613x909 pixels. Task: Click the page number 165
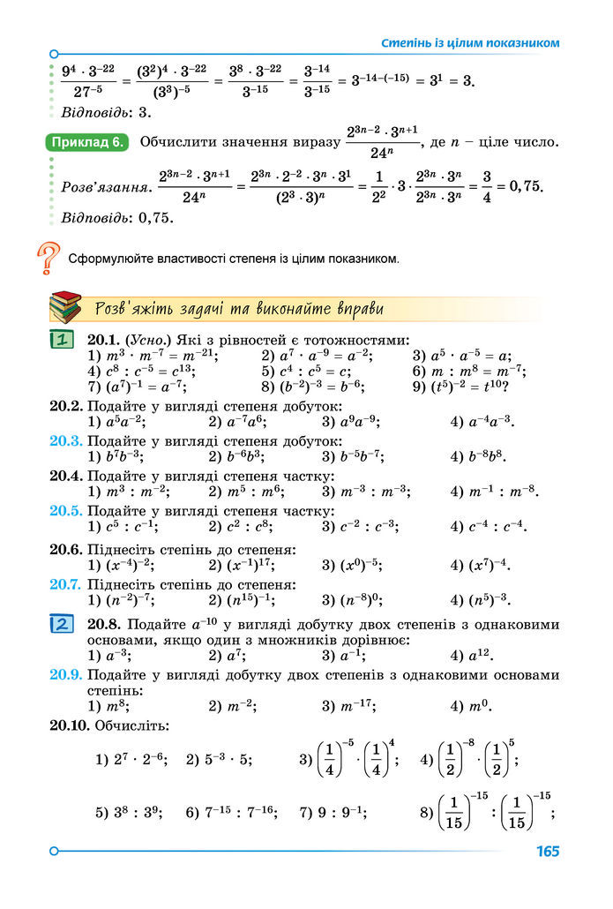[547, 852]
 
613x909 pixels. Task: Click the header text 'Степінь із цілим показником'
[470, 42]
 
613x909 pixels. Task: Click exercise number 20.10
[70, 725]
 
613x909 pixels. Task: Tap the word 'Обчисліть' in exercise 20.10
[131, 725]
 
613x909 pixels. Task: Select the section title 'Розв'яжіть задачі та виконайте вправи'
[238, 309]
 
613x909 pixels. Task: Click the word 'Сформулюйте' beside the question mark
[110, 259]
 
